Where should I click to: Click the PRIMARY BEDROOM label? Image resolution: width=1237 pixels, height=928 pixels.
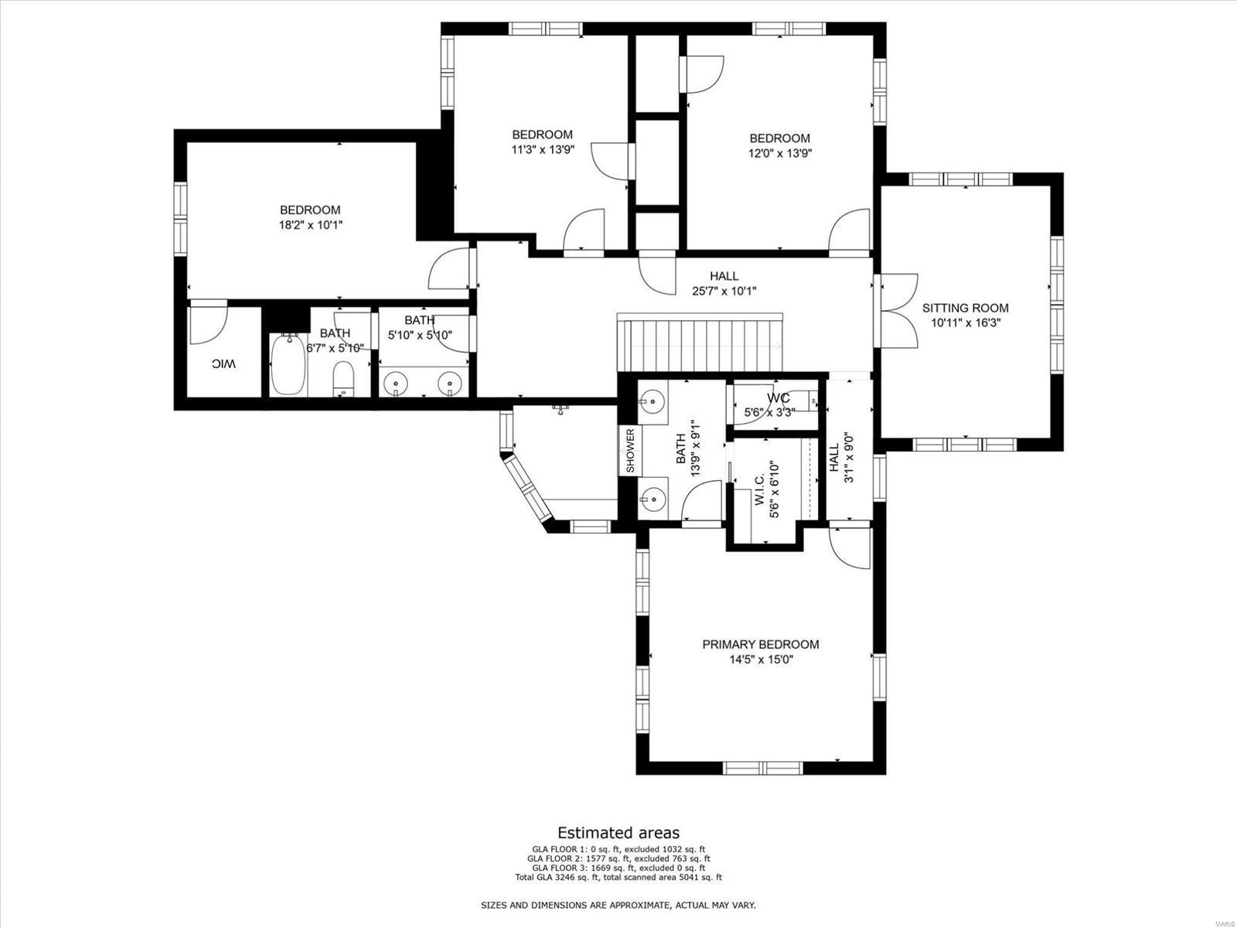coord(761,644)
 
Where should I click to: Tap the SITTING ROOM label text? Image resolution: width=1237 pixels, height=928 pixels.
coord(965,308)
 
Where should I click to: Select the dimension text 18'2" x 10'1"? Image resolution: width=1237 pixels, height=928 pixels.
coord(310,225)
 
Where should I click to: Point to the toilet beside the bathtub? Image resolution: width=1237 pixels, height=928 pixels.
coord(342,380)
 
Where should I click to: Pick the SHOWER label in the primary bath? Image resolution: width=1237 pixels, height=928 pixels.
coord(630,451)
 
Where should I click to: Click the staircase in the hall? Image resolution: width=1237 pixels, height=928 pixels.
coord(700,344)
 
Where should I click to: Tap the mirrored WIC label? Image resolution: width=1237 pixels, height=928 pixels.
coord(224,363)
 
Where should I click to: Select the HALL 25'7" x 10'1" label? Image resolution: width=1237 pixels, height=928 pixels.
coord(724,283)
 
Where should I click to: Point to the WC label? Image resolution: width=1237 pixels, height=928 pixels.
coord(779,398)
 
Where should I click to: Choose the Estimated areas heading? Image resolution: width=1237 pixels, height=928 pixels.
coord(618,833)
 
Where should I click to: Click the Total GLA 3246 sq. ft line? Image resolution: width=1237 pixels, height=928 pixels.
coord(618,877)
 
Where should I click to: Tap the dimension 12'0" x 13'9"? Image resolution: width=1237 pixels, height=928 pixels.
coord(779,153)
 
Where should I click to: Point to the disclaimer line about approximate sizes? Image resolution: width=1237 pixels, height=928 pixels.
coord(618,905)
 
